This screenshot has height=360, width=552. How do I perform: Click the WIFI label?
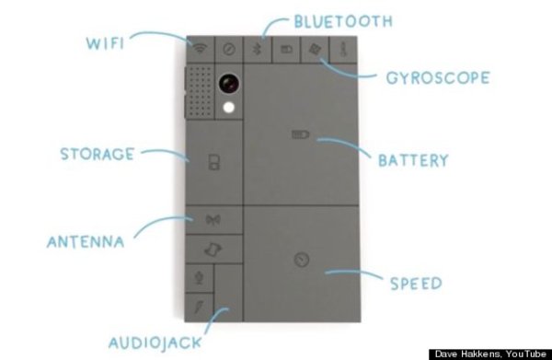105,43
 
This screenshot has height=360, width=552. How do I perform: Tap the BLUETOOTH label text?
343,21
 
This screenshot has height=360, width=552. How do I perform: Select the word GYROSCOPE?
438,78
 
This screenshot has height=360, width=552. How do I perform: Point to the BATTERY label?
413,160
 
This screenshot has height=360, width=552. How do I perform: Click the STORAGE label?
98,154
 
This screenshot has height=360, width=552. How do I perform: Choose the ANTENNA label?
86,242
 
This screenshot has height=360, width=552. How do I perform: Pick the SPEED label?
416,284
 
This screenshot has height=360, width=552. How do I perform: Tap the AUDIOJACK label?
155,343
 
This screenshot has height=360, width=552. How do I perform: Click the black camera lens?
229,84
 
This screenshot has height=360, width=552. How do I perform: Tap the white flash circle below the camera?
229,108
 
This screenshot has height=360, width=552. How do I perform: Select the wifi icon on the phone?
200,48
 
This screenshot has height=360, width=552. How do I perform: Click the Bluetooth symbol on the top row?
258,49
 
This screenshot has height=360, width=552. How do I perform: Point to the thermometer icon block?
343,50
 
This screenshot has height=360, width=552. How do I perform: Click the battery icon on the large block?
300,134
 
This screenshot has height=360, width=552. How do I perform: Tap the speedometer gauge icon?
302,260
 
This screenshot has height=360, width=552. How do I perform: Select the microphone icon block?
200,278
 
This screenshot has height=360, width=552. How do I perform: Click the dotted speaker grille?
200,91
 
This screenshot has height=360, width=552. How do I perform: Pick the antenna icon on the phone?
213,220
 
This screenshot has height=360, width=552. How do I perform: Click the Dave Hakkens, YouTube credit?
490,354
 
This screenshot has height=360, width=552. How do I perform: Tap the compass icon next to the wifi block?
229,49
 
